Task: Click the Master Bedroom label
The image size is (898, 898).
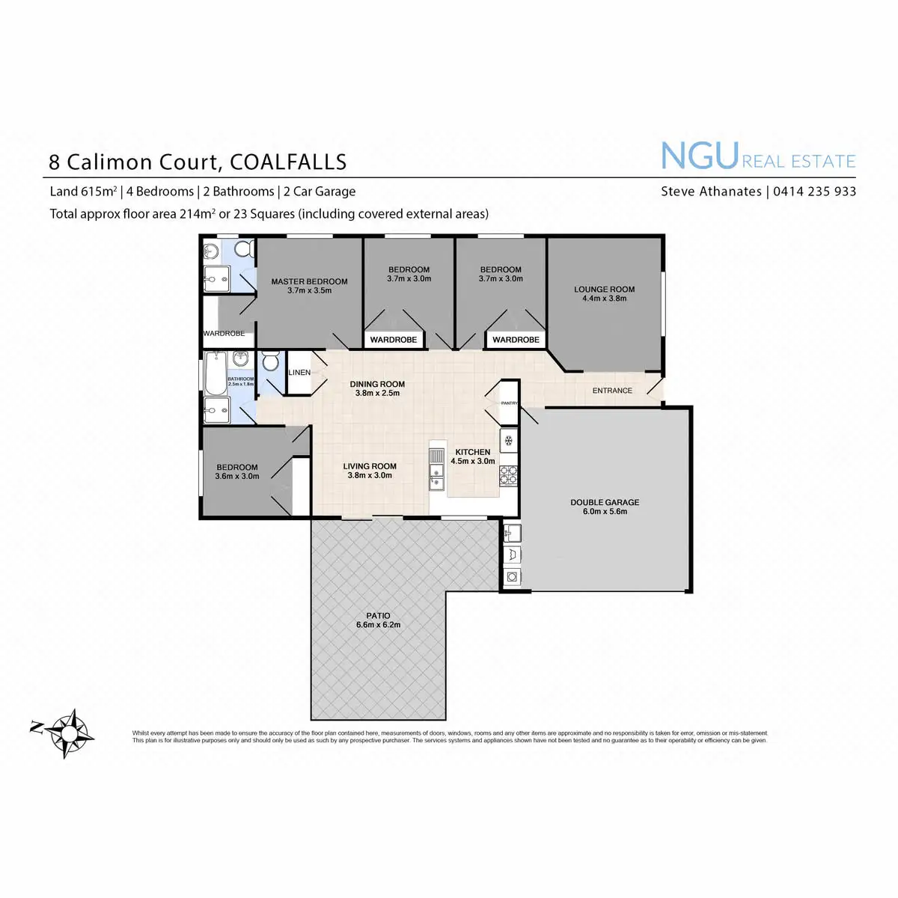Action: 309,282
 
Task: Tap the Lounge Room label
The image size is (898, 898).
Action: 605,290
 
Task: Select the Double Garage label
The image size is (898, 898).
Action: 605,503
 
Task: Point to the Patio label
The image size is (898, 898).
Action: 379,616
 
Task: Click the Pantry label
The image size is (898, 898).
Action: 510,403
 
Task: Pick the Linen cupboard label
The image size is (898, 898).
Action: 299,373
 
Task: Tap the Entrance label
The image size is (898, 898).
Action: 612,391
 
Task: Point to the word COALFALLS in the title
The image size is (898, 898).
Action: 288,162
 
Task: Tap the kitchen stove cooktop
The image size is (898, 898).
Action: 509,473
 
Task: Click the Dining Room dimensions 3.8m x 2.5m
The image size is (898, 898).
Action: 377,393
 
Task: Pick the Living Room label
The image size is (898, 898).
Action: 370,466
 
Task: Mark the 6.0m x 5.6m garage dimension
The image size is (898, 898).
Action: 605,512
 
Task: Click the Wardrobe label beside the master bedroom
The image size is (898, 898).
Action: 224,334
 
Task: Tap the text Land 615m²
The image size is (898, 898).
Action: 83,192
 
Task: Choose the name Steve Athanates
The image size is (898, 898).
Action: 711,192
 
